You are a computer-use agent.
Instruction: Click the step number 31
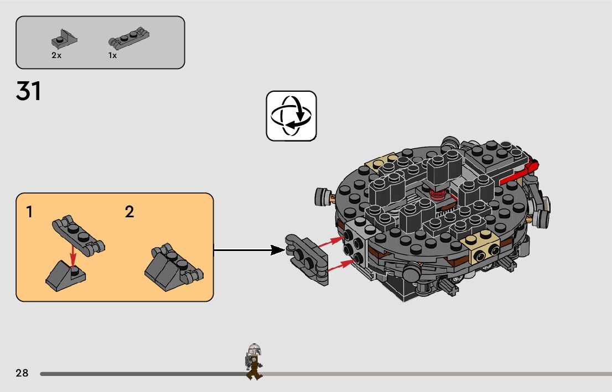point(29,91)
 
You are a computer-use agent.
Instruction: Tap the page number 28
point(22,373)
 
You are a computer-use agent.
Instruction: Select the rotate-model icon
point(291,116)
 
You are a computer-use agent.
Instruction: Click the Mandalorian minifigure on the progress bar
point(254,362)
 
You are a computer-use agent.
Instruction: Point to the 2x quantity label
point(56,55)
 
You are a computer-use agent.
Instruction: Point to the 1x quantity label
point(112,55)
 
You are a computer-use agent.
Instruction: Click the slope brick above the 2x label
point(64,39)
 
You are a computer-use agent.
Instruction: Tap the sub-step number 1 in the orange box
point(29,212)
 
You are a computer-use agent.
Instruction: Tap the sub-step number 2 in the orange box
point(129,212)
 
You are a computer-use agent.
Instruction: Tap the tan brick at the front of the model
point(484,249)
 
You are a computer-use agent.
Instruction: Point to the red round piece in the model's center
point(438,194)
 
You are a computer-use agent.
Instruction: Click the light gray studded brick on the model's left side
point(356,239)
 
